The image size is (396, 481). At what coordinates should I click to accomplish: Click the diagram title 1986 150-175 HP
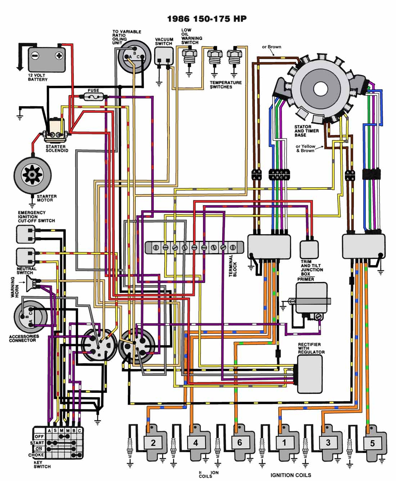click(x=207, y=19)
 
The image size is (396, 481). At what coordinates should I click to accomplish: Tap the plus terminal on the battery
click(x=59, y=56)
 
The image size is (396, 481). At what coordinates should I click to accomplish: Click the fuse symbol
click(x=95, y=96)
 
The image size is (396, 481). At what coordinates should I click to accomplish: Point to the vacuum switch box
click(x=164, y=56)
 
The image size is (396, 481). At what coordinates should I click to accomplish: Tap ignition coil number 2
click(x=153, y=442)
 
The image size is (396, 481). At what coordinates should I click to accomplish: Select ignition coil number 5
click(x=373, y=443)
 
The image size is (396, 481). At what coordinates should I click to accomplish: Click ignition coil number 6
click(x=239, y=442)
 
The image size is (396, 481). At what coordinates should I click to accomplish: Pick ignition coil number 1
click(x=284, y=442)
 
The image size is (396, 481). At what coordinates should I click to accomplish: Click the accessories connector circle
click(x=31, y=316)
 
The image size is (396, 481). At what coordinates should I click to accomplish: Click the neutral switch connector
click(x=26, y=257)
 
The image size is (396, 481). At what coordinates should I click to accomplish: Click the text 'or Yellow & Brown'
click(x=305, y=148)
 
